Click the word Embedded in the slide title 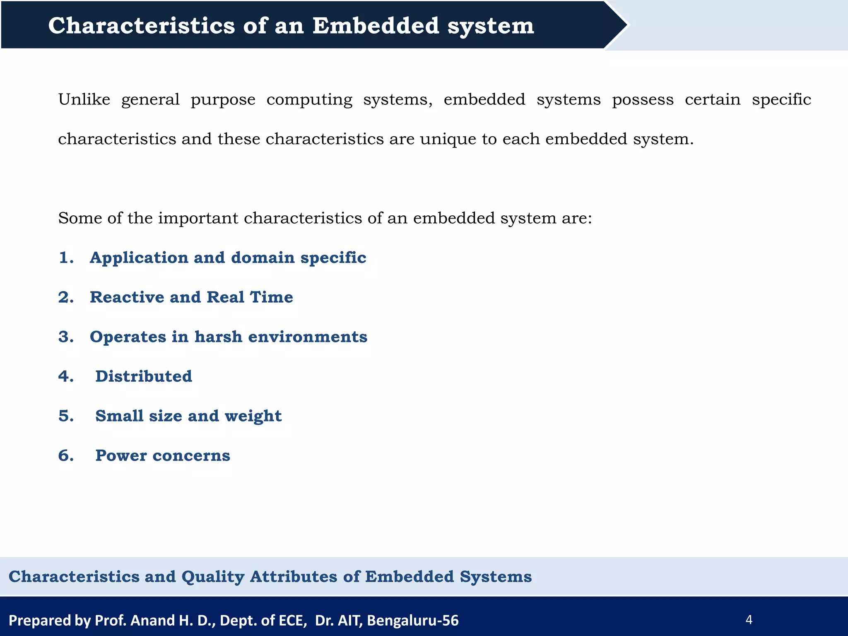[376, 26]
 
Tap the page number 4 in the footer [749, 620]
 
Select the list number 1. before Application [66, 258]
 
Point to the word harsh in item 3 [218, 337]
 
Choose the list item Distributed [144, 376]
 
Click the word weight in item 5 [253, 416]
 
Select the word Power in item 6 [121, 455]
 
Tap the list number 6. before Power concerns [66, 455]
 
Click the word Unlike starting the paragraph [84, 100]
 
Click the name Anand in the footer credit [152, 620]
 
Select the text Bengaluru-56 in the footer [412, 620]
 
